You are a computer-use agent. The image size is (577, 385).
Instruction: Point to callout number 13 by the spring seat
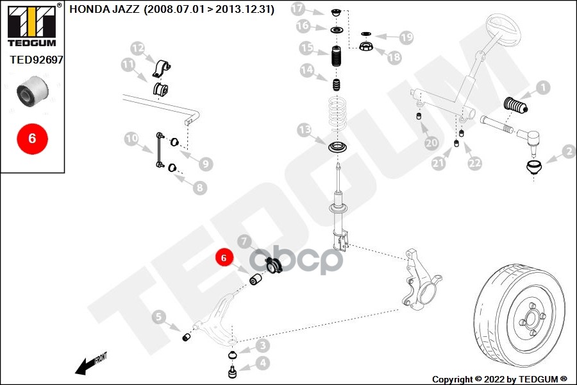click(x=304, y=131)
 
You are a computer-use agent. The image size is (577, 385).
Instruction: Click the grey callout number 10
click(x=131, y=138)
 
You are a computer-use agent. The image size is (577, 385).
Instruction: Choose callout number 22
click(x=474, y=164)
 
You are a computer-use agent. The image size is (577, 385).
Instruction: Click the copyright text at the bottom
click(x=499, y=379)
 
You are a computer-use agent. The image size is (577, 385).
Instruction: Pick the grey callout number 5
click(x=158, y=316)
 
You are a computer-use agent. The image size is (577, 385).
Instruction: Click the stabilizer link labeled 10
click(x=157, y=151)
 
